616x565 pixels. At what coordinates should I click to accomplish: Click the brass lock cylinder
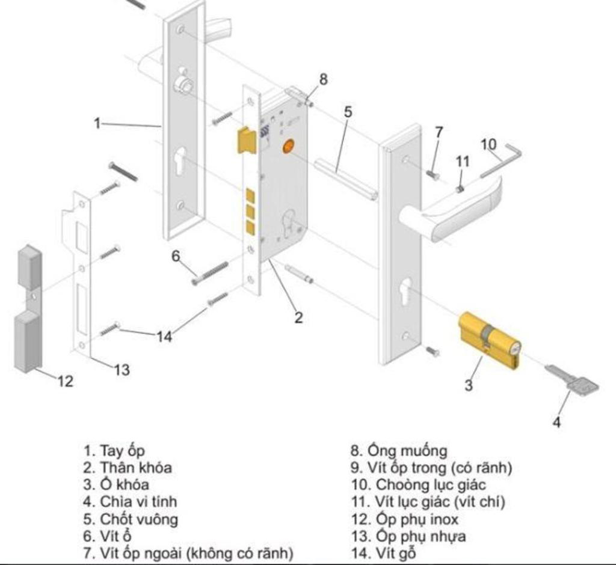[488, 340]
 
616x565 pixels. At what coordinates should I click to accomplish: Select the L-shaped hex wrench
[502, 160]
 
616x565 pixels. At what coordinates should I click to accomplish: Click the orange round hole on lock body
[289, 146]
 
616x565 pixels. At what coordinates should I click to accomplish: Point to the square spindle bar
[346, 179]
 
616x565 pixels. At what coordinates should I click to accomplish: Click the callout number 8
[324, 79]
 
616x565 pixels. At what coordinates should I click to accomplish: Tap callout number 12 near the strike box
[66, 380]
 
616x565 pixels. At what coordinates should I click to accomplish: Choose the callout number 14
[164, 337]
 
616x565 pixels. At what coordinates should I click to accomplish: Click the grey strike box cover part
[28, 310]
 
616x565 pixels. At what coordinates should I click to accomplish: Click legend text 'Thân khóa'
[128, 467]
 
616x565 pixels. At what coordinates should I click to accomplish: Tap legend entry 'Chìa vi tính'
[131, 501]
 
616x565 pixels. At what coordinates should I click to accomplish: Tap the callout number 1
[97, 123]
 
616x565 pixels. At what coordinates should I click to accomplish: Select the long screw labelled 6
[211, 273]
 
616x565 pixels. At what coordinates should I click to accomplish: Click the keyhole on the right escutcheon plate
[406, 290]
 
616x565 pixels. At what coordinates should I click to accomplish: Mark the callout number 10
[489, 144]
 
